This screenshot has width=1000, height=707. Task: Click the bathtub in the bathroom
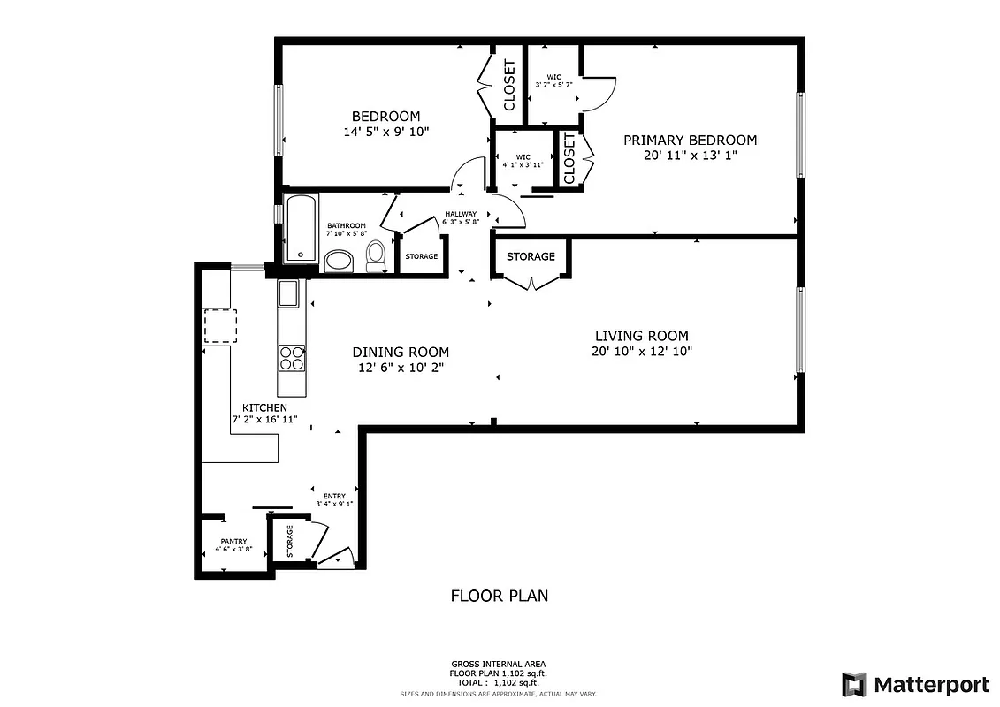click(299, 227)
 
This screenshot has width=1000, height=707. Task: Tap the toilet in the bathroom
click(377, 255)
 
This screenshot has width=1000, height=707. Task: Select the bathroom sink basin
click(339, 261)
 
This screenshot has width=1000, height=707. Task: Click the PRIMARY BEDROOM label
click(690, 140)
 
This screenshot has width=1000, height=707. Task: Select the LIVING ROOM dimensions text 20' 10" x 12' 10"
click(641, 351)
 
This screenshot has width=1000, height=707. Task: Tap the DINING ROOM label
click(401, 352)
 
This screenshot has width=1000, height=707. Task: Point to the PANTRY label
click(233, 541)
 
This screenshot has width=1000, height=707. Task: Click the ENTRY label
click(334, 496)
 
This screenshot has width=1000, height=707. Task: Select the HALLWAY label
click(461, 214)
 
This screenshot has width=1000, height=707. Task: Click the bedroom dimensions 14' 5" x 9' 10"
click(386, 132)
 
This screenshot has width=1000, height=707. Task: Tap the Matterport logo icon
click(854, 684)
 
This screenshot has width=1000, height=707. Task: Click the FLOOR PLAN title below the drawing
click(500, 596)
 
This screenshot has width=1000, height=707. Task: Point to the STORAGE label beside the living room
click(531, 256)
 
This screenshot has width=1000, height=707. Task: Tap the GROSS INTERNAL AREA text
click(499, 664)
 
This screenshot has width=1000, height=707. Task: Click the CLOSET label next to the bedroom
click(509, 86)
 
